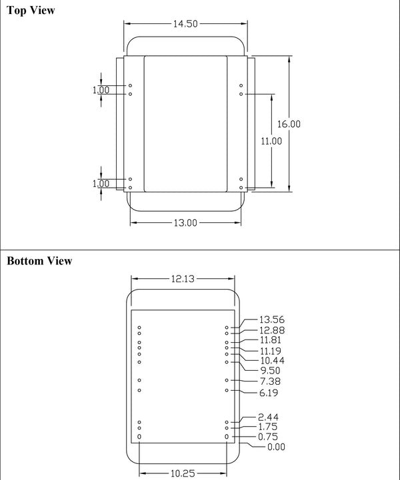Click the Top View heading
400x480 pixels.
tap(31, 11)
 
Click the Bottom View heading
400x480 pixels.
tap(39, 261)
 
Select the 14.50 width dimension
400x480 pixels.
tap(186, 24)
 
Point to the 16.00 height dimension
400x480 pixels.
tap(289, 124)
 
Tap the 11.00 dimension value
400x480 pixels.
tap(271, 141)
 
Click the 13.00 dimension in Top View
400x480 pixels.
tap(185, 223)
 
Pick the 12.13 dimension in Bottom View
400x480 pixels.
tap(183, 280)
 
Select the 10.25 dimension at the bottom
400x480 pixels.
tap(183, 473)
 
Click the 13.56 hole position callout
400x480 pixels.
tap(271, 320)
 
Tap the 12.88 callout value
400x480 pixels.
tap(271, 330)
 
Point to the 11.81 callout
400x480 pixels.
tap(271, 341)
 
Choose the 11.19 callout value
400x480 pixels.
tap(271, 350)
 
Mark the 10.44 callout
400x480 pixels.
tap(271, 360)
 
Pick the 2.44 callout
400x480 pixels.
tap(269, 417)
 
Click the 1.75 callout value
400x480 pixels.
tap(269, 427)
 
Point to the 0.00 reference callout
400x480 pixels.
tap(275, 447)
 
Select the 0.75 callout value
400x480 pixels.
tap(269, 437)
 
